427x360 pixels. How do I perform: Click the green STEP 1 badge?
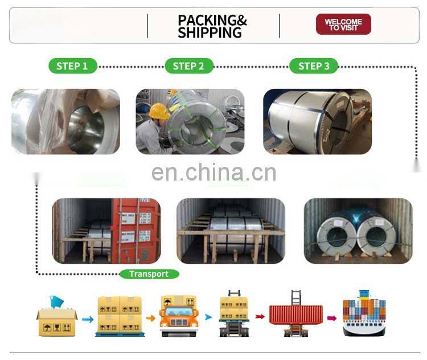point(72,66)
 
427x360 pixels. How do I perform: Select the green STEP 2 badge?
point(188,66)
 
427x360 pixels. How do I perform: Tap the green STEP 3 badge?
point(314,66)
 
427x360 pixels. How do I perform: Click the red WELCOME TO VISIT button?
point(343,24)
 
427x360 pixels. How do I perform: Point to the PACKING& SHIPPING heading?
point(212,26)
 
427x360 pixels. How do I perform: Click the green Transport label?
point(149,274)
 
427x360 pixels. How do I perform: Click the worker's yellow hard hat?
point(159,112)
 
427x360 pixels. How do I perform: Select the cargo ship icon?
point(363,314)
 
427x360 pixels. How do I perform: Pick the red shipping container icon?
point(295,315)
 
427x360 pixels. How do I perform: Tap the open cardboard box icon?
point(56,321)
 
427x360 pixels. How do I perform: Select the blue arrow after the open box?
point(87,320)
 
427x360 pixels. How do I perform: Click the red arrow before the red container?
point(260,316)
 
